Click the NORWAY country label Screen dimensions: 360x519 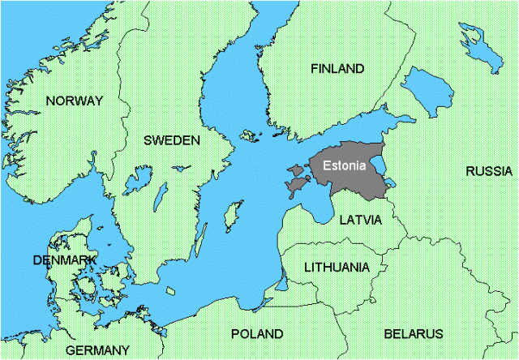click(75, 101)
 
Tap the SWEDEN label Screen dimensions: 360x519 click(171, 140)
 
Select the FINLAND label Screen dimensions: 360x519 click(337, 69)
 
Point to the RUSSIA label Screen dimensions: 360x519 click(488, 171)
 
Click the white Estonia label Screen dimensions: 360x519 click(345, 165)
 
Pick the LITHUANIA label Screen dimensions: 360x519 click(336, 267)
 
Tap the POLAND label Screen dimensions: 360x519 click(257, 333)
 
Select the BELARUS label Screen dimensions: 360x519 click(414, 333)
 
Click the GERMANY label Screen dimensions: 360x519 click(97, 350)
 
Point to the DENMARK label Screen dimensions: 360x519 click(65, 259)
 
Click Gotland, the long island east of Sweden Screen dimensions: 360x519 click(229, 217)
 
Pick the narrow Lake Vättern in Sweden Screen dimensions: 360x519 click(160, 195)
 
